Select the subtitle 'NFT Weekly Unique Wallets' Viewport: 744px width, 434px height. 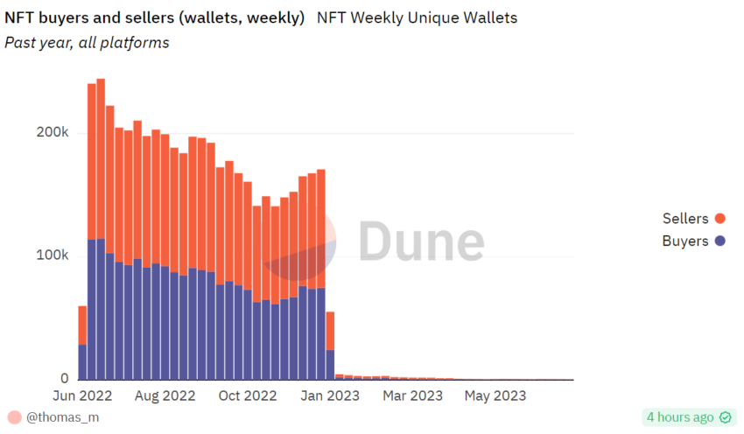417,17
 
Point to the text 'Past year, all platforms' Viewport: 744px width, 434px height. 87,42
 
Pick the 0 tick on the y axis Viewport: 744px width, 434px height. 64,379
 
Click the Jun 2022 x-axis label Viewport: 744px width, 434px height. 87,395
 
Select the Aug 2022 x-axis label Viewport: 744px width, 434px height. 166,395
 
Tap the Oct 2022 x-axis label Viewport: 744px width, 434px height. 247,395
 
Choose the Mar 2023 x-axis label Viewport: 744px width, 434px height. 414,395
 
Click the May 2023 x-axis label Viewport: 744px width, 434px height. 495,395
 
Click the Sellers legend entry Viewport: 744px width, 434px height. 685,219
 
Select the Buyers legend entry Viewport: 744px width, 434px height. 685,241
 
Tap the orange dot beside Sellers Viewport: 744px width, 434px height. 720,219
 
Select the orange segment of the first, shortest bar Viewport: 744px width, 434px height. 82,325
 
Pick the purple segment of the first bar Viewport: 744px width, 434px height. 82,361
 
